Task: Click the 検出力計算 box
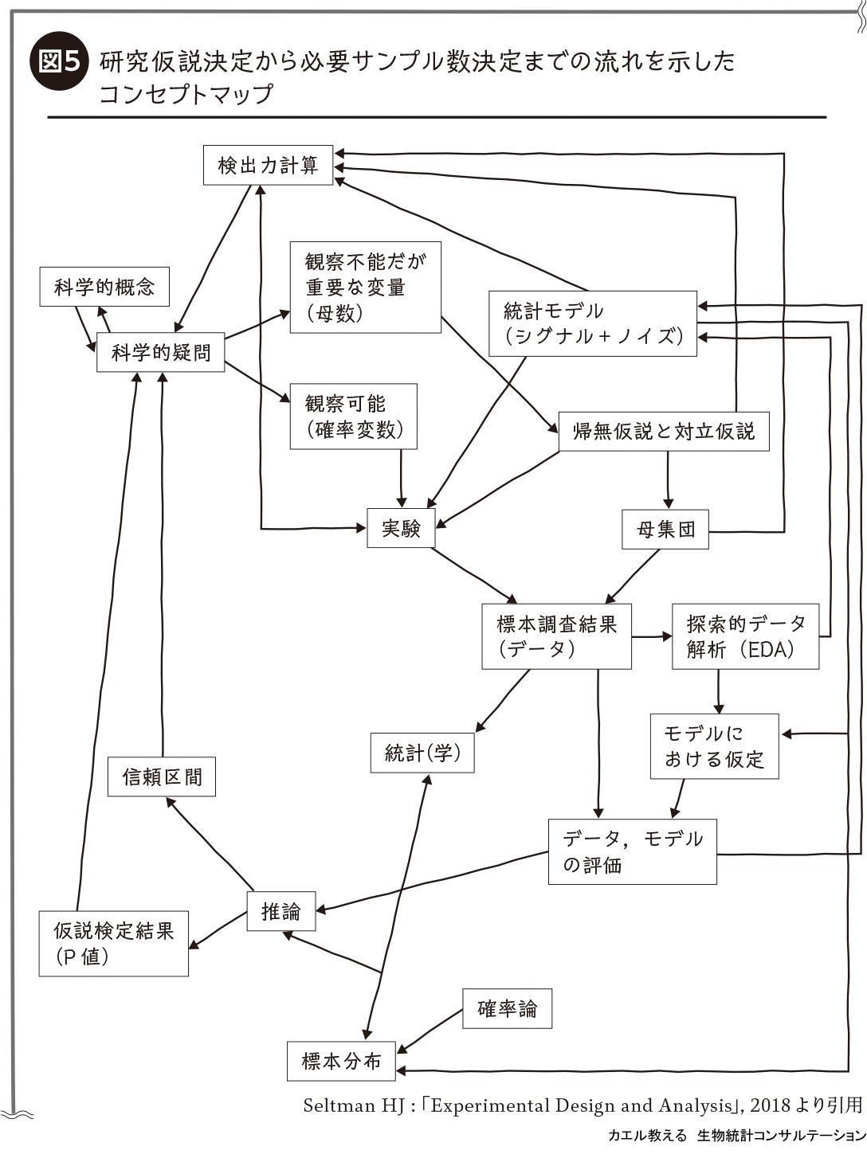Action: [268, 166]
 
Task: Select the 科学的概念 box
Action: [104, 287]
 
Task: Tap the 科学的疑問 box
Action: [160, 352]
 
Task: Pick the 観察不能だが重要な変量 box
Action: [365, 287]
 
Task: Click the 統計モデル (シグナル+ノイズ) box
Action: [592, 323]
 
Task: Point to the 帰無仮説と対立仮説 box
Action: [663, 432]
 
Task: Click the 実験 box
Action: [401, 528]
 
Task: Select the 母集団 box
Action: [665, 529]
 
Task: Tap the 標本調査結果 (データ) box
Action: [556, 636]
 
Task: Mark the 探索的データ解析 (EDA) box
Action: [745, 636]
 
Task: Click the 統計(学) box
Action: [422, 753]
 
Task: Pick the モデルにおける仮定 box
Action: [714, 745]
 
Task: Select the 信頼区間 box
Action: [162, 777]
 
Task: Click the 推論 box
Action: [281, 911]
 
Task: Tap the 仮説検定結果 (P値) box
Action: [113, 944]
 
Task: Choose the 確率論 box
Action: [507, 1009]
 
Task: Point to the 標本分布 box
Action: [341, 1061]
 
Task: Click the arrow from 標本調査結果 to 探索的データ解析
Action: [652, 636]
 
